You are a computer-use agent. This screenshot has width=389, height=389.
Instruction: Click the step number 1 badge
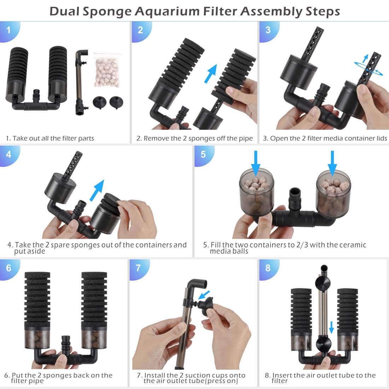[x=8, y=29]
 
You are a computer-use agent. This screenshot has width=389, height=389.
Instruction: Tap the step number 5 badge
[x=203, y=155]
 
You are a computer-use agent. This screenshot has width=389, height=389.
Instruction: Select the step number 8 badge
[x=268, y=267]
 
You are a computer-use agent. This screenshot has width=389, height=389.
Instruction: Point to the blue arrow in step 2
[x=211, y=75]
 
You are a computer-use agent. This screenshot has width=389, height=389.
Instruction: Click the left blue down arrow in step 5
[x=257, y=162]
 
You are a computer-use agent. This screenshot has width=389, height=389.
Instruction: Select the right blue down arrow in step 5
[x=332, y=162]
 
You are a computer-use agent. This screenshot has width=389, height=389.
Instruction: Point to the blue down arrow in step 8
[x=331, y=327]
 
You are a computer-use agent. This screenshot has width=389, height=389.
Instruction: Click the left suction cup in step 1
[x=100, y=103]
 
